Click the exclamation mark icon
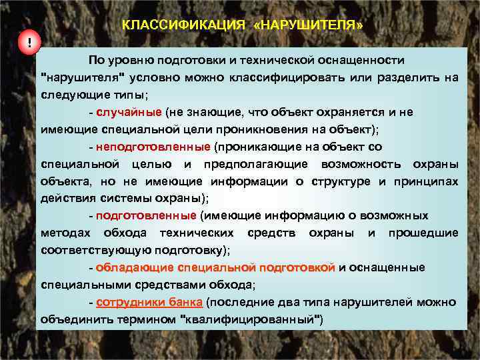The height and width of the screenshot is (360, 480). coord(29,44)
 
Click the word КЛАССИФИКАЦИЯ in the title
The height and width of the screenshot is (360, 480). coord(185,25)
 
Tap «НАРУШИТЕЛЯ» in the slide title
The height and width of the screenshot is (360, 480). coord(309,25)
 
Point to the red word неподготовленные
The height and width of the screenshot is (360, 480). coord(153,146)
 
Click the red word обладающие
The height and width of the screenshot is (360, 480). coord(135,267)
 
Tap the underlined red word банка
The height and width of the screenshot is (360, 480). coord(185,301)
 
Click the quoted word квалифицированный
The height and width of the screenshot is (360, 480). coord(252,319)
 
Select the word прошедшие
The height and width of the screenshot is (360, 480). coord(424,233)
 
